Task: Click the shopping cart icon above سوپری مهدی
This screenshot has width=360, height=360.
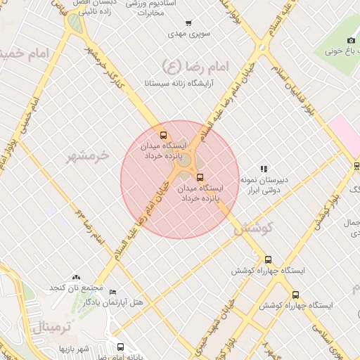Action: coord(188,23)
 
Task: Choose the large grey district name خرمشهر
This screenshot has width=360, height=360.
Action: coord(88,155)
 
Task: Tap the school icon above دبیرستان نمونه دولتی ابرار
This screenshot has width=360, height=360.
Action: coord(264,169)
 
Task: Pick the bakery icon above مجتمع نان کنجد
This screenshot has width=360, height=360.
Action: coord(76,278)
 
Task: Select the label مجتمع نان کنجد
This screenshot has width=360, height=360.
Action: coord(76,288)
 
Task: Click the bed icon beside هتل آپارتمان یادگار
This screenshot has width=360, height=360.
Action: coord(113,292)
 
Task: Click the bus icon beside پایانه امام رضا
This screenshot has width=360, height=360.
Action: coord(120,347)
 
